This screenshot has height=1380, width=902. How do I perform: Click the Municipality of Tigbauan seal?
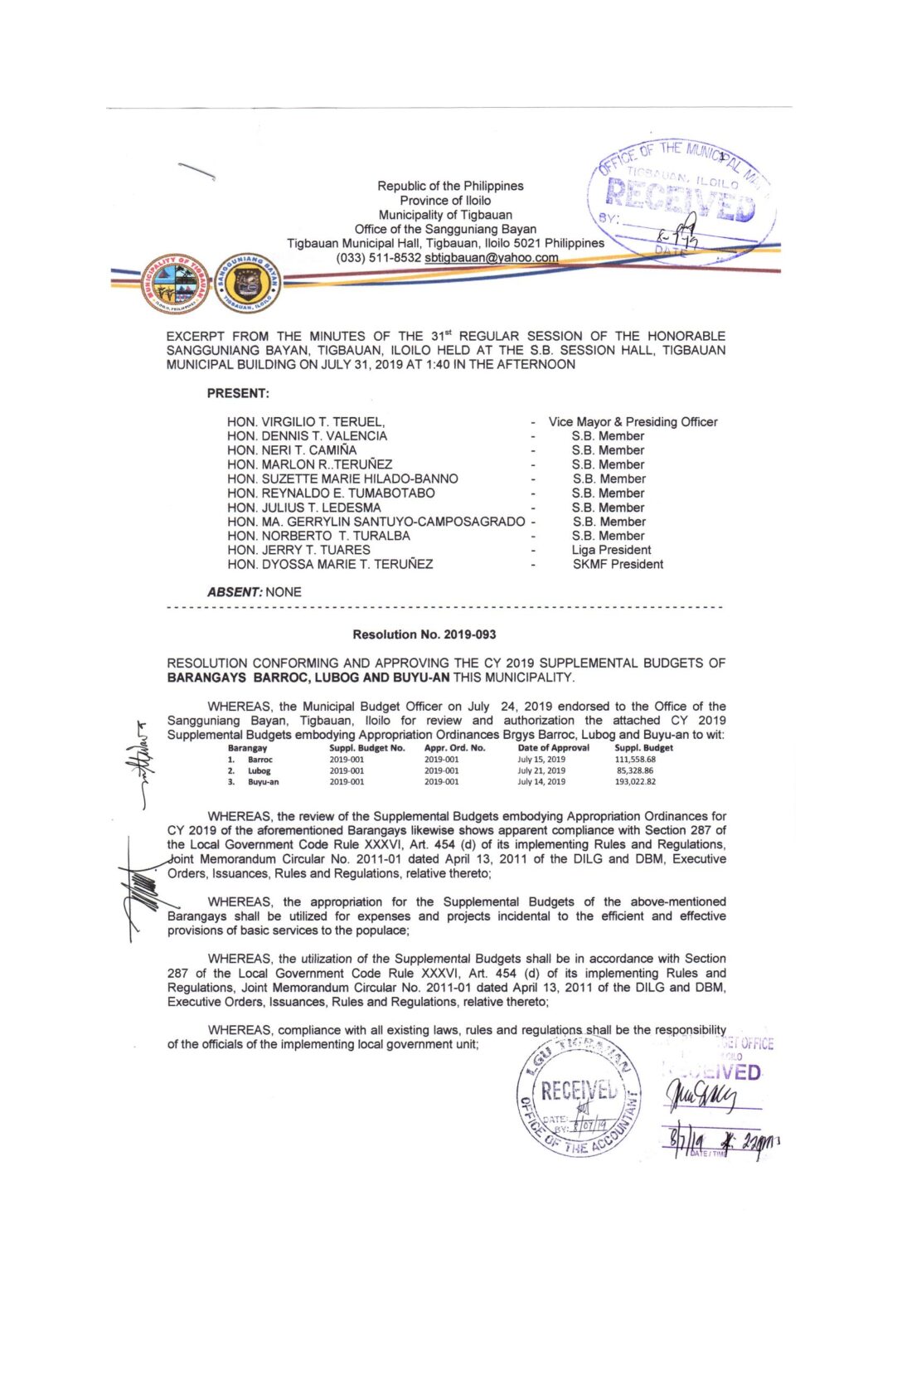(x=175, y=284)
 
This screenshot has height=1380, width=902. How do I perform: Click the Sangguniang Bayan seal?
(x=247, y=284)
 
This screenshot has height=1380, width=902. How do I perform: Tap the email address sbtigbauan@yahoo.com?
(x=492, y=258)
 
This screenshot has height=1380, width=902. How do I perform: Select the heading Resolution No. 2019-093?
(x=424, y=634)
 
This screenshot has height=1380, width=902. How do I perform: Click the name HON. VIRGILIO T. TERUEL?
(x=305, y=422)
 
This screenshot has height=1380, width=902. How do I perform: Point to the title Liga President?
(x=611, y=550)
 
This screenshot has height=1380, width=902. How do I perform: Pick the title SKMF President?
(x=618, y=564)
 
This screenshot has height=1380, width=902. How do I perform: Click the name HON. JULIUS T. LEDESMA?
(x=303, y=508)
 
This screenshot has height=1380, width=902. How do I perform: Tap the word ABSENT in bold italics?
(x=235, y=592)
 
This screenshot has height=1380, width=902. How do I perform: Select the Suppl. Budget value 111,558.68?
(x=634, y=759)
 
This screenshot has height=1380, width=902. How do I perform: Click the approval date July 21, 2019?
(x=541, y=770)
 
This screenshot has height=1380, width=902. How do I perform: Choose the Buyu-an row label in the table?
(x=263, y=782)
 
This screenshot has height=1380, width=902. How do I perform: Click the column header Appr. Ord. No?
(x=454, y=747)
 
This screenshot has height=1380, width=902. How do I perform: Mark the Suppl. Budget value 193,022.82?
(x=634, y=782)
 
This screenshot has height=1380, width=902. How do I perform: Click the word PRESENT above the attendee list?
(x=238, y=393)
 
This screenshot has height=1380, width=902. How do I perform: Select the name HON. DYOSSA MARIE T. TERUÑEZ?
(x=330, y=564)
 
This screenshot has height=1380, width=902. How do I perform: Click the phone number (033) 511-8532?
(x=378, y=258)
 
